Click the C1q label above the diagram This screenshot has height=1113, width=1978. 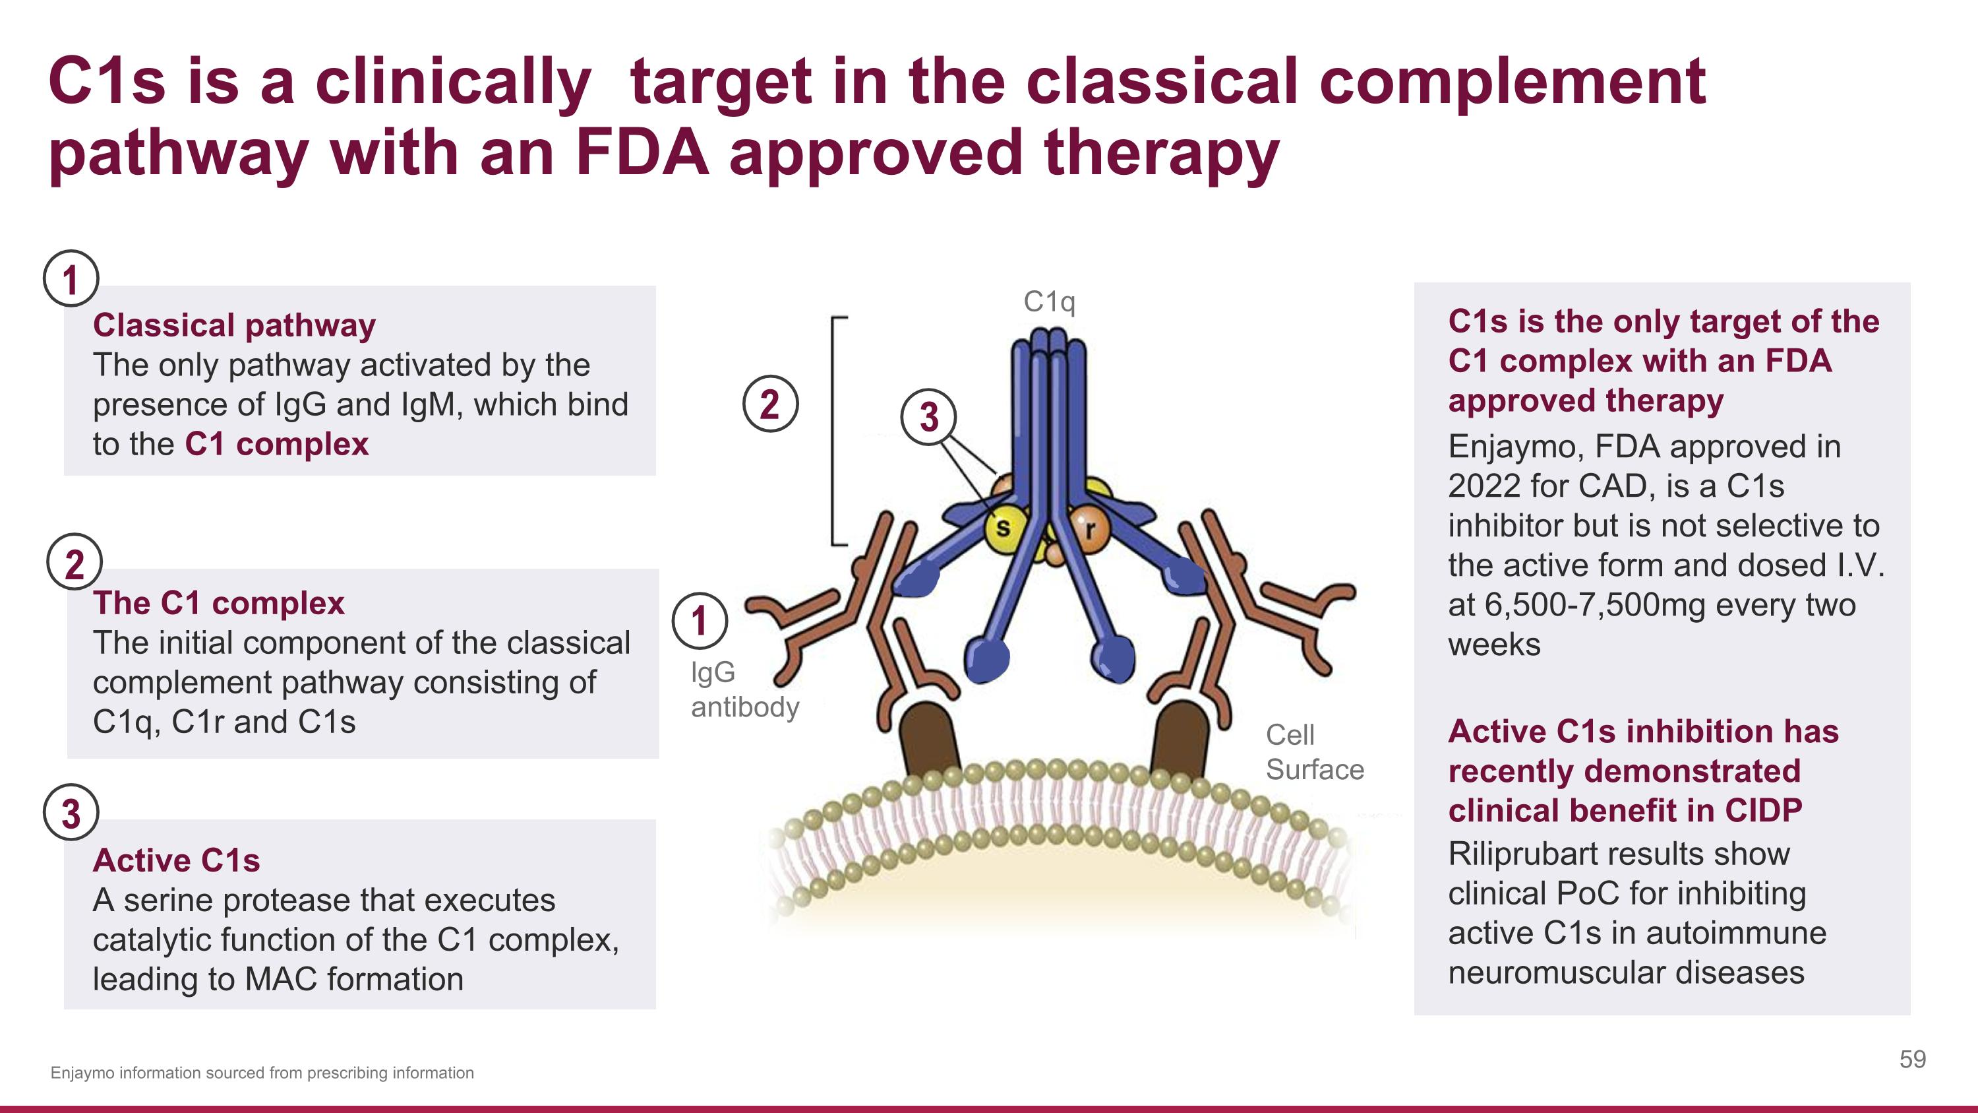click(x=1049, y=302)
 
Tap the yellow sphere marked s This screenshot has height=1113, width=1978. click(x=1004, y=528)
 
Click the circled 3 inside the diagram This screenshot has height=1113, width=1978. click(x=928, y=417)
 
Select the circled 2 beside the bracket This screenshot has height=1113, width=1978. click(x=770, y=404)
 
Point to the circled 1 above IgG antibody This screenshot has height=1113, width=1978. click(x=699, y=621)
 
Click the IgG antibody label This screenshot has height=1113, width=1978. click(x=744, y=689)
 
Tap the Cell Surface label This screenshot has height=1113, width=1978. click(x=1314, y=752)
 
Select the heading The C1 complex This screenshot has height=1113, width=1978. click(x=218, y=603)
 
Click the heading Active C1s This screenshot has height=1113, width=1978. click(x=176, y=860)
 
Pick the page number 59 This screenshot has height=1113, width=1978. click(x=1912, y=1060)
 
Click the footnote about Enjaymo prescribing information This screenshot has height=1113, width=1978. click(x=262, y=1073)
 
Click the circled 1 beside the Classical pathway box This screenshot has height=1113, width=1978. click(x=71, y=279)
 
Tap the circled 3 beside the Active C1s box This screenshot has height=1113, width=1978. click(x=71, y=813)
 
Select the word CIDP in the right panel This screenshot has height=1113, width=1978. click(x=1763, y=810)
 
